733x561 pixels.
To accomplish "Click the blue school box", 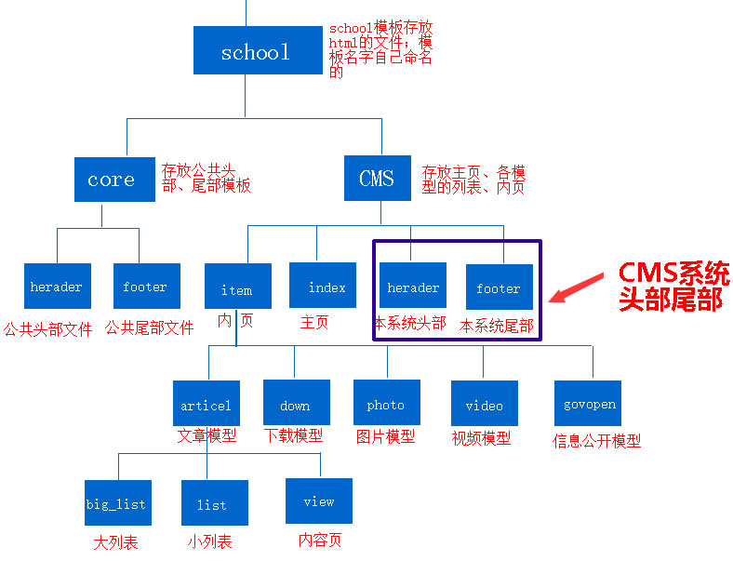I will point(255,50).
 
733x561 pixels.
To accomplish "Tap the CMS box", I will point(377,178).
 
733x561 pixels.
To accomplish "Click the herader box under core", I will point(57,287).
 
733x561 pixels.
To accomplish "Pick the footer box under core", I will point(145,287).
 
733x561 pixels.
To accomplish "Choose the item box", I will point(236,288).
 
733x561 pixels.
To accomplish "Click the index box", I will point(323,287).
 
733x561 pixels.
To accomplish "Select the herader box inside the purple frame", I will point(412,286).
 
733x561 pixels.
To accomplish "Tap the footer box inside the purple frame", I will point(499,287).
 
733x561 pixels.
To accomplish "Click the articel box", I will point(206,404).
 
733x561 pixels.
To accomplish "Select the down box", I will point(295,404).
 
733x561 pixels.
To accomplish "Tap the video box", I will point(484,404).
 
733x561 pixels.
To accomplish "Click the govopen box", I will point(590,404).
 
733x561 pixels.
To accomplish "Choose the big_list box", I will point(116,503).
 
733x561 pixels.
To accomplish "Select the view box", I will point(318,501).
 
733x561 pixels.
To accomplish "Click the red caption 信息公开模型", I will point(596,441).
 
